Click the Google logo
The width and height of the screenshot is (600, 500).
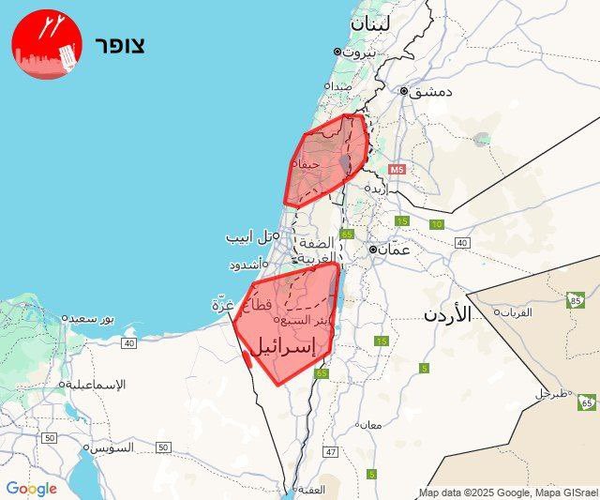click(x=31, y=488)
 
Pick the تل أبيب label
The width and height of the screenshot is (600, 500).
click(x=251, y=237)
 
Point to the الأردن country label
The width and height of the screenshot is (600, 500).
click(x=445, y=313)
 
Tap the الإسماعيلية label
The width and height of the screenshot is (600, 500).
click(x=97, y=385)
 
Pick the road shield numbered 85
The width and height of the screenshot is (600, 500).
click(x=575, y=300)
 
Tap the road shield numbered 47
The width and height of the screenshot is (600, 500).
click(x=330, y=452)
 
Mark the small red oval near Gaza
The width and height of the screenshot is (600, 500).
click(x=246, y=357)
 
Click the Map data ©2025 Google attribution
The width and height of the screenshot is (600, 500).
click(x=505, y=492)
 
